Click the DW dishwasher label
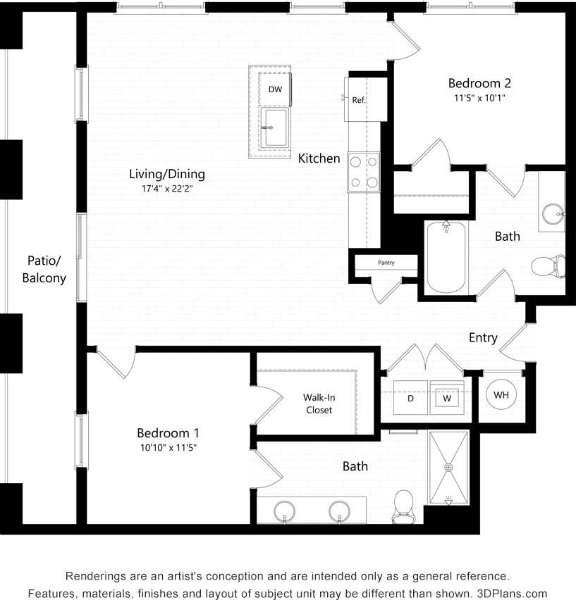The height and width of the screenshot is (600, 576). [x=275, y=89]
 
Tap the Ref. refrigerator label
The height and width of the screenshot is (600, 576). [x=359, y=100]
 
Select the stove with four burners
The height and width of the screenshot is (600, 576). [x=363, y=172]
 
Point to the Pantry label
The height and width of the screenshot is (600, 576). [x=386, y=263]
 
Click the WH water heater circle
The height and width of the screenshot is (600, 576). [x=501, y=395]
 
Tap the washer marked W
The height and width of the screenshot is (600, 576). [x=447, y=399]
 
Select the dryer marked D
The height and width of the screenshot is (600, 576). [x=410, y=399]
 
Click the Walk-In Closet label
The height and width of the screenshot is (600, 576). [x=318, y=404]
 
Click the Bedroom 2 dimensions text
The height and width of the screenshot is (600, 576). [x=479, y=98]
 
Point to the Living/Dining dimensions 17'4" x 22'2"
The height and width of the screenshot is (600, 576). [x=167, y=189]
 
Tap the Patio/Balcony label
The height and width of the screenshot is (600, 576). [x=44, y=268]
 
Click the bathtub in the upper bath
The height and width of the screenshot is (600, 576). [x=446, y=258]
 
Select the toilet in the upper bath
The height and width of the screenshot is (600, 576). [x=549, y=266]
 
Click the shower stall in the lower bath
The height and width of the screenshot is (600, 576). [x=448, y=467]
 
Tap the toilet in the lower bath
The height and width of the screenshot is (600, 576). [x=403, y=506]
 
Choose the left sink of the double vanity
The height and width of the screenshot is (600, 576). [x=284, y=511]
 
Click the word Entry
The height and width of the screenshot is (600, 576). [x=483, y=338]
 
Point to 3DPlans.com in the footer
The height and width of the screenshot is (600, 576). [x=513, y=594]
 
